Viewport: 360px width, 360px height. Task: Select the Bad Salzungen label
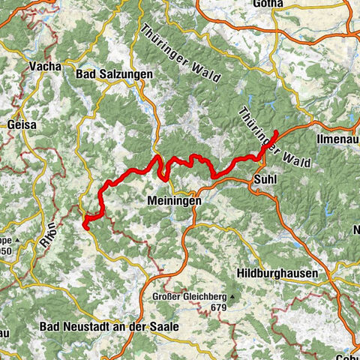[x=115, y=74]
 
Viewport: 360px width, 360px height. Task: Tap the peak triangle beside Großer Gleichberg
[x=233, y=297]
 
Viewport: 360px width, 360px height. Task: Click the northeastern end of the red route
[x=276, y=131]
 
